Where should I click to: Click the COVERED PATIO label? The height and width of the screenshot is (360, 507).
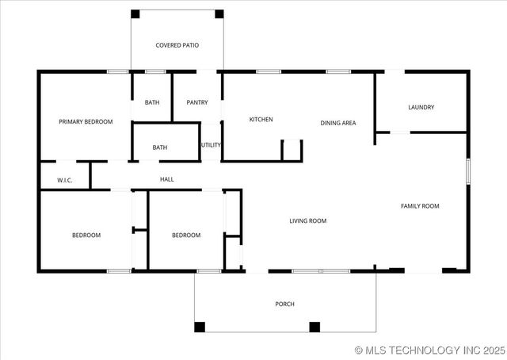point(177,45)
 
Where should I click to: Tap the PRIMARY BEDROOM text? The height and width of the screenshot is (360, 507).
point(86,122)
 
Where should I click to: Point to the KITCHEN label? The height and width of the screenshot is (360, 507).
point(261,120)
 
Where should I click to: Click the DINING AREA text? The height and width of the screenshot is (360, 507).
point(337,123)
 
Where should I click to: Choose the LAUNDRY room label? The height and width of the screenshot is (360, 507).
point(421,107)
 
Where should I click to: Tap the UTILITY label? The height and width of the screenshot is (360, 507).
point(211,145)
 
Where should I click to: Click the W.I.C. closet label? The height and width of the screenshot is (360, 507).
point(65,181)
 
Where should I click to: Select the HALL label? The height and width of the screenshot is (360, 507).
point(167,179)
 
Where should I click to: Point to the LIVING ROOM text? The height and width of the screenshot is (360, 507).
point(307,220)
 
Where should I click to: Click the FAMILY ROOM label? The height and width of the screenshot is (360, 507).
point(420,206)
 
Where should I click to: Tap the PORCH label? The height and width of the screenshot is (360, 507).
point(284,304)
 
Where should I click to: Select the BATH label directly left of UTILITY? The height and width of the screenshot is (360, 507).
point(160,147)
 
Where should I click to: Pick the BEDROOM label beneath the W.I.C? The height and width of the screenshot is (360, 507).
point(86,235)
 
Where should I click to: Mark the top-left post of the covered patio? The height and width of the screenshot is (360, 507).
point(135,13)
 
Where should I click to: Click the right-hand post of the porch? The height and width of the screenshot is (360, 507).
point(314,326)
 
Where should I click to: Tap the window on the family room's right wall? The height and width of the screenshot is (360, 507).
point(468,170)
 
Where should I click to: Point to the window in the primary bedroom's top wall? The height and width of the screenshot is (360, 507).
point(118,72)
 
